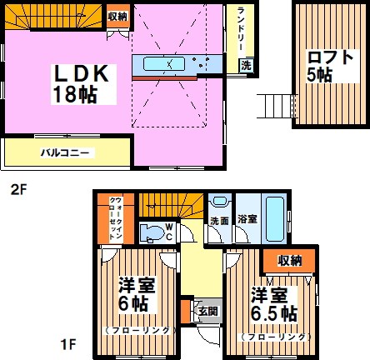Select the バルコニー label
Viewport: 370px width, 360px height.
tap(66, 152)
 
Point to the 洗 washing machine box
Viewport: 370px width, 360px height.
tap(246, 64)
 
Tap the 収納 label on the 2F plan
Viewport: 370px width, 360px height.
tap(117, 16)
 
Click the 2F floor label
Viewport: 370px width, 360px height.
tap(18, 189)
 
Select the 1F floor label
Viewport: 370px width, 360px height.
tap(18, 342)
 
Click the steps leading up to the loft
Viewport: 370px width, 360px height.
tap(274, 106)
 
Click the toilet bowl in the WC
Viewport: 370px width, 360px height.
tap(152, 232)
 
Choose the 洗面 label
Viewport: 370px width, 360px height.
tap(219, 221)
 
